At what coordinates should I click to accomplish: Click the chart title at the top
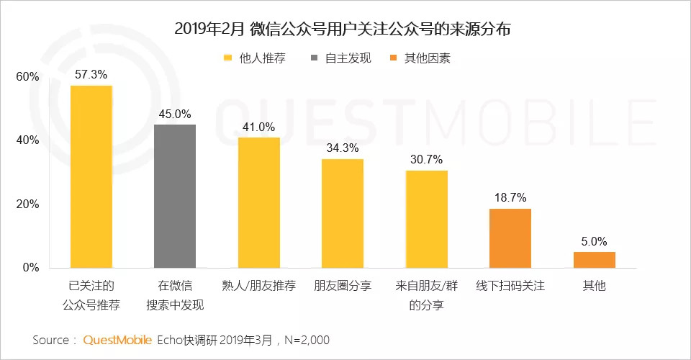[x=346, y=30]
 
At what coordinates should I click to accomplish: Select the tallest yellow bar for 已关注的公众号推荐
[x=91, y=176]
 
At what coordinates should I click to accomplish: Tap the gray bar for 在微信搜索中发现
[x=175, y=196]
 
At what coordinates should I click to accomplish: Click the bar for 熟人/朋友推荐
[x=259, y=202]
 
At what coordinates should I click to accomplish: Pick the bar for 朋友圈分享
[x=343, y=213]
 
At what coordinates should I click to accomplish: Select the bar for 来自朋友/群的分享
[x=427, y=219]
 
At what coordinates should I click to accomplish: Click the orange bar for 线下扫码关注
[x=510, y=238]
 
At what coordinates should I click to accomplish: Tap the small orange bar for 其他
[x=595, y=259]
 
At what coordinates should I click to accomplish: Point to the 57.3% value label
[x=91, y=75]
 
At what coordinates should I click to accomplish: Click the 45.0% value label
[x=175, y=114]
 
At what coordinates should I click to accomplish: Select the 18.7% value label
[x=510, y=197]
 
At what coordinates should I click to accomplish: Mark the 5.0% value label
[x=595, y=241]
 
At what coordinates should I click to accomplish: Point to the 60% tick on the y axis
[x=28, y=77]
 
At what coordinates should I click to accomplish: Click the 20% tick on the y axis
[x=28, y=204]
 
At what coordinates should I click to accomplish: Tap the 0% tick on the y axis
[x=31, y=268]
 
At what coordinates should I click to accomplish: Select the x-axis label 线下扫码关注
[x=510, y=286]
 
